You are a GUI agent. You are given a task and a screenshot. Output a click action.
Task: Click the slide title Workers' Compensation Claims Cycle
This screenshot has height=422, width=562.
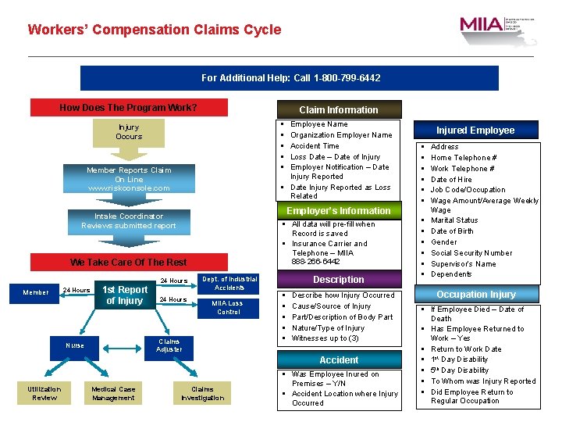pyautogui.click(x=154, y=30)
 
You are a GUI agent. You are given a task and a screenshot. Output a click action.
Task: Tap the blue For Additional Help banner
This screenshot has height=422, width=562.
pyautogui.click(x=290, y=78)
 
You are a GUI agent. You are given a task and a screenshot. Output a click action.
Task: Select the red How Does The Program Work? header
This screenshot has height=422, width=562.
pyautogui.click(x=128, y=108)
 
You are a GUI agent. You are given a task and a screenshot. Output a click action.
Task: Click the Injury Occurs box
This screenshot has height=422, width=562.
pyautogui.click(x=129, y=132)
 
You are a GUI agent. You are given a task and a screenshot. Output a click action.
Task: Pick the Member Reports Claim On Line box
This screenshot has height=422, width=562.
pyautogui.click(x=129, y=179)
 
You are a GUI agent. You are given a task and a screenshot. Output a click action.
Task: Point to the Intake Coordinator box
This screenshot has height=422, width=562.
pyautogui.click(x=129, y=221)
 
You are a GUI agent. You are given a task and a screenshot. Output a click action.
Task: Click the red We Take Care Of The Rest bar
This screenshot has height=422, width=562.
pyautogui.click(x=128, y=263)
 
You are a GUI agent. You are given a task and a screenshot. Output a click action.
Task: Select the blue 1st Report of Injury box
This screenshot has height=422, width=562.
pyautogui.click(x=125, y=295)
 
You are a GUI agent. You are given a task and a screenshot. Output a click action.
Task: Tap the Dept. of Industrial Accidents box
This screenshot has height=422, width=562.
pyautogui.click(x=229, y=283)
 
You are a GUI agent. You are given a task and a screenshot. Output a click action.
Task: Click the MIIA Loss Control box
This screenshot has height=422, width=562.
pyautogui.click(x=229, y=308)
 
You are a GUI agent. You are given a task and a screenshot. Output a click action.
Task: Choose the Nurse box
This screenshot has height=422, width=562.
pyautogui.click(x=75, y=345)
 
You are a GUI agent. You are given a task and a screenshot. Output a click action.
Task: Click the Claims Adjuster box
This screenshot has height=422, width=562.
pyautogui.click(x=169, y=345)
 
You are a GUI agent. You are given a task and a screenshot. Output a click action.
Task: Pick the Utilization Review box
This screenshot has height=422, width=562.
pyautogui.click(x=44, y=393)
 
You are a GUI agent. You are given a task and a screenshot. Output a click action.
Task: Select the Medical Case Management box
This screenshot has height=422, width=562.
pyautogui.click(x=113, y=393)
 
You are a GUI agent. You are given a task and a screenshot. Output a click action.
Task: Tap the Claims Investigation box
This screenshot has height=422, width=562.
pyautogui.click(x=202, y=393)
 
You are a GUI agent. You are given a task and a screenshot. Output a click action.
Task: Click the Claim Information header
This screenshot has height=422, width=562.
pyautogui.click(x=338, y=110)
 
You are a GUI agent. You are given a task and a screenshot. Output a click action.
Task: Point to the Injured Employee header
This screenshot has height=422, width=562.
pyautogui.click(x=475, y=131)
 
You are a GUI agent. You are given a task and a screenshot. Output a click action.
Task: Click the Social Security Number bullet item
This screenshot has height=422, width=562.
pyautogui.click(x=471, y=253)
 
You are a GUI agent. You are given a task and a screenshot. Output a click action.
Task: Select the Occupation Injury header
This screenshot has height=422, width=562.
pyautogui.click(x=475, y=295)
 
